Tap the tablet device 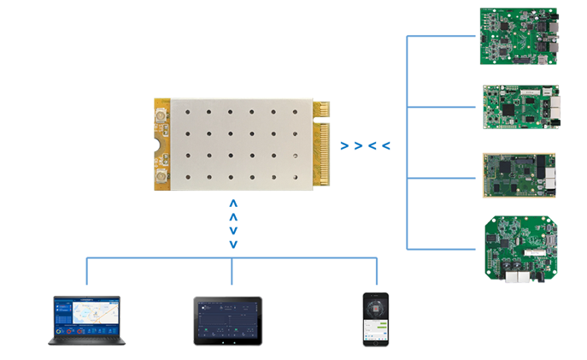pos(226,322)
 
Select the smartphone pos(376,319)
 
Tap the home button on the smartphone pos(376,341)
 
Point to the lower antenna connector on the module pos(160,178)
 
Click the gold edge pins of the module pos(322,144)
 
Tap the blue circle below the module pos(232,223)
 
